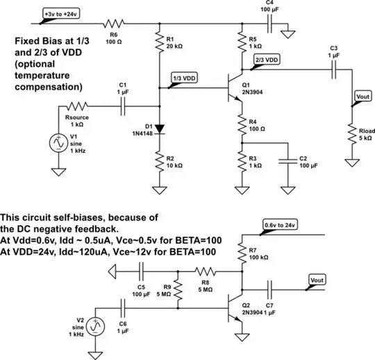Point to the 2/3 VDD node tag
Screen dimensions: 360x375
tap(267, 60)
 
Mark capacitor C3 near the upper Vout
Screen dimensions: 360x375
tap(335, 69)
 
